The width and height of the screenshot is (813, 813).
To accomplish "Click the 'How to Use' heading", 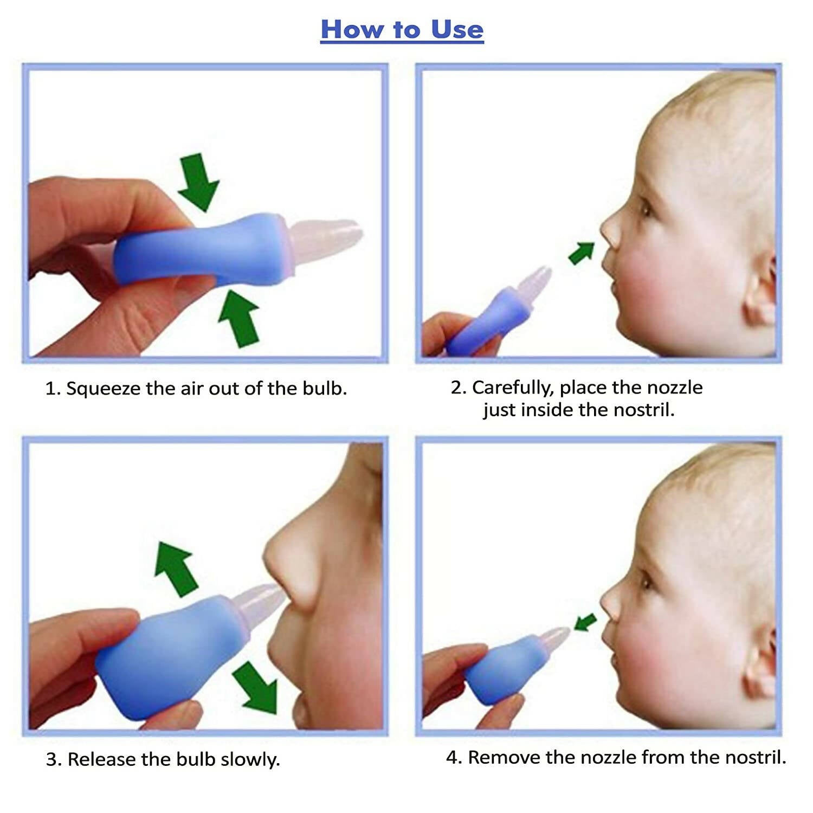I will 402,29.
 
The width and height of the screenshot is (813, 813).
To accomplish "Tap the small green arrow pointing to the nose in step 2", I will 582,253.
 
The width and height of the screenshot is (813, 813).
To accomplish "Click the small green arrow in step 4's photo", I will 585,622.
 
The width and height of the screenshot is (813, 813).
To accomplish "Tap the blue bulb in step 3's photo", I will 168,656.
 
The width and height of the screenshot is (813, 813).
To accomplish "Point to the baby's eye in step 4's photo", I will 646,582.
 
